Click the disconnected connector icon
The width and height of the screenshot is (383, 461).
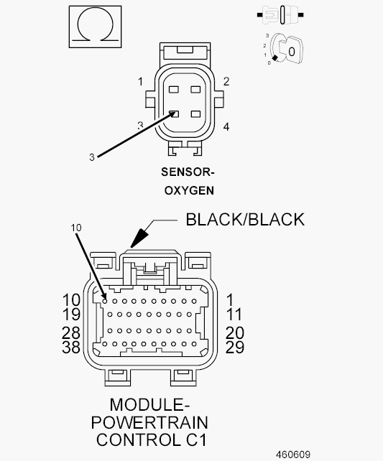coord(280,14)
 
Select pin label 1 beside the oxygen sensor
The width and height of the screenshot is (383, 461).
coord(141,81)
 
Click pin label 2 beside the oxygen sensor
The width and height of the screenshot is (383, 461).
coord(226,81)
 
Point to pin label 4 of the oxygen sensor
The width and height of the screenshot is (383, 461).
coord(226,126)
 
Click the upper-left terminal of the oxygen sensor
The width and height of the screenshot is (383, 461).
coord(174,89)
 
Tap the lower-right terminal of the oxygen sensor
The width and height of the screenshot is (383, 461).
coord(195,114)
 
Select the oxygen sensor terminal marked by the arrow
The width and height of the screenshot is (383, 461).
coord(174,114)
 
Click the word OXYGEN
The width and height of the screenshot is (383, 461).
coord(189,190)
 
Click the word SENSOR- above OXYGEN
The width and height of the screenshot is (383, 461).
coord(188,172)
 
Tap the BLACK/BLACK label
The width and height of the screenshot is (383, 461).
coord(245,219)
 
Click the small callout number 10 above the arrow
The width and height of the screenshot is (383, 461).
coord(76,228)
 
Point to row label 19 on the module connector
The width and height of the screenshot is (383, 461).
coord(71,315)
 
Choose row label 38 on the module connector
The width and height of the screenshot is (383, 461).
coord(71,347)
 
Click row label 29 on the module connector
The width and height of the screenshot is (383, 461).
coord(235,347)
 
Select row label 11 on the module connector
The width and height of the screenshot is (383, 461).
coord(234,315)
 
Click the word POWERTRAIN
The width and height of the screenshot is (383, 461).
coord(149,422)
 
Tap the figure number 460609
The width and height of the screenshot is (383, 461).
coord(293,455)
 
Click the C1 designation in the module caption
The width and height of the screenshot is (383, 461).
coord(196,440)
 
